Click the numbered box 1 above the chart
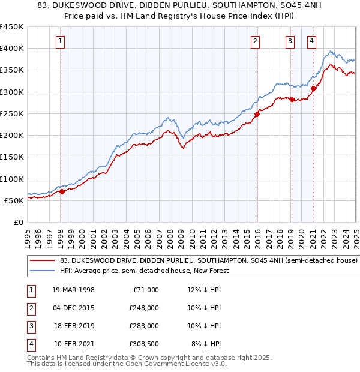click(x=62, y=41)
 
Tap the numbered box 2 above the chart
click(x=256, y=41)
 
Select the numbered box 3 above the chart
click(x=290, y=41)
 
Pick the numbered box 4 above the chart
click(x=312, y=41)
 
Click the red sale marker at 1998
click(x=62, y=192)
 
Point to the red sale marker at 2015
click(x=257, y=114)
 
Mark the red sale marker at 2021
click(x=313, y=88)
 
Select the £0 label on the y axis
click(x=19, y=222)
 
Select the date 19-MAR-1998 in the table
click(x=73, y=290)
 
